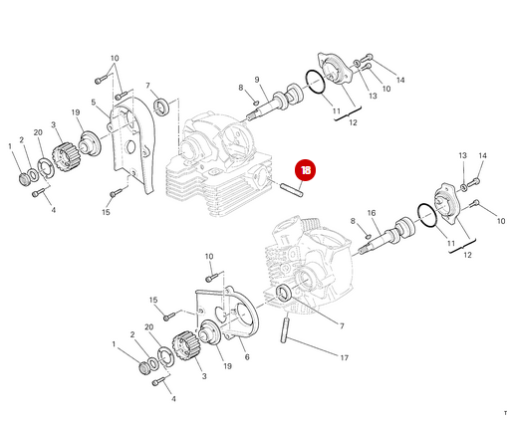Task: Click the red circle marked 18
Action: pos(305,170)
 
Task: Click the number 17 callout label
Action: pos(345,357)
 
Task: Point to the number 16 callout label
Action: pos(372,213)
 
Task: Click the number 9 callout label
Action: pos(256,80)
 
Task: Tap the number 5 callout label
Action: pos(93,102)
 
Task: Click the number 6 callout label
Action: pos(246,357)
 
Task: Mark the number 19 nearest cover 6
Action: pos(227,366)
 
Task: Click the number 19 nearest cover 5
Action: pos(75,112)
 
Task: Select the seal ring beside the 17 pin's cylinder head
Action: pos(286,293)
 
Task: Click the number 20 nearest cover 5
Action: pos(37,132)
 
